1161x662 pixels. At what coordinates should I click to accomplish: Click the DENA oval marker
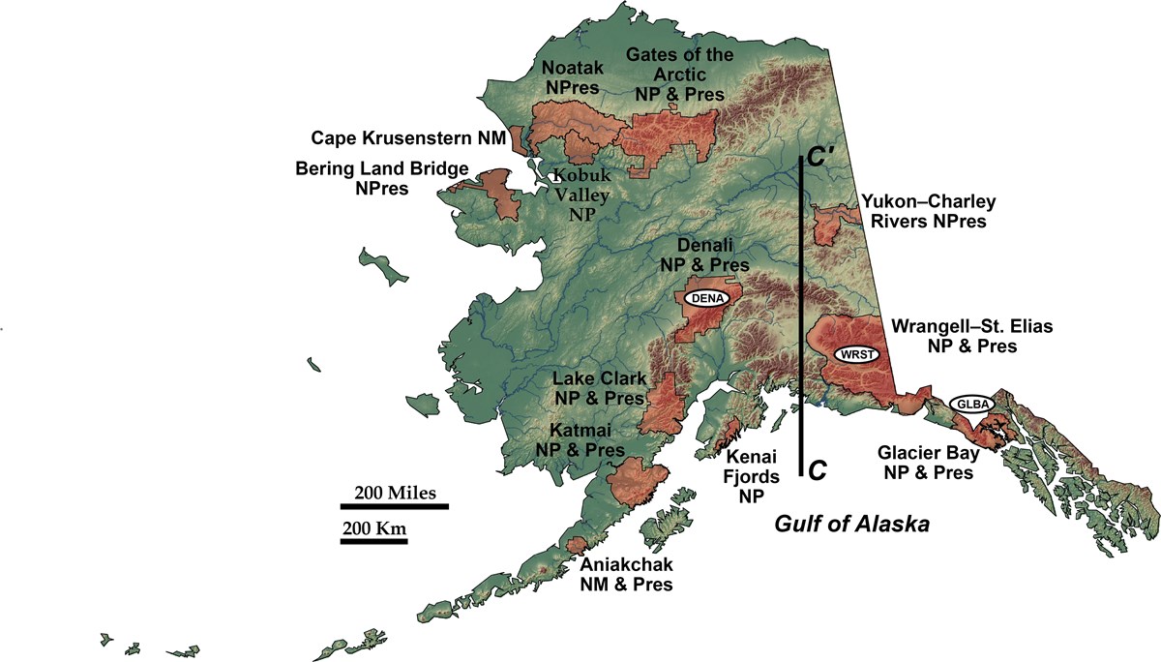705,298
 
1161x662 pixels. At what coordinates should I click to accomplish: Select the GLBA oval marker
970,404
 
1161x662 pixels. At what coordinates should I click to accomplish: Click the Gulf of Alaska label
851,526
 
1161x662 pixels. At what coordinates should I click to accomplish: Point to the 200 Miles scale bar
394,505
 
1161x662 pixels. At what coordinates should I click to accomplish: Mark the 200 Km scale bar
373,540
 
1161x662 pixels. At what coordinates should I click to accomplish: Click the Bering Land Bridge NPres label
381,178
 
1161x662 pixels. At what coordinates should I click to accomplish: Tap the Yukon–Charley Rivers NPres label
929,212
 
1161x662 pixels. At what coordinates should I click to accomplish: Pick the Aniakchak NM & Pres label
626,574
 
